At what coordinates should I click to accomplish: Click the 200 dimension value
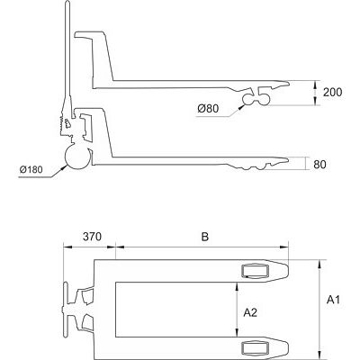(x=332, y=92)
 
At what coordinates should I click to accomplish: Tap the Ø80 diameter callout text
(x=208, y=108)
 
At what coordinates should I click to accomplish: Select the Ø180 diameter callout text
(x=31, y=169)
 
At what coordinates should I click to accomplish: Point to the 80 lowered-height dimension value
(x=319, y=165)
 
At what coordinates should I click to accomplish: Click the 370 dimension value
(x=92, y=237)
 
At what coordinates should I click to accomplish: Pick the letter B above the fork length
(x=204, y=237)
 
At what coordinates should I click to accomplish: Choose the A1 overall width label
(x=333, y=300)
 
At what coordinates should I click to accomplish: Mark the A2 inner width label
(x=250, y=312)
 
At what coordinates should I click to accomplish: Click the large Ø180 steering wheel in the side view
(x=77, y=157)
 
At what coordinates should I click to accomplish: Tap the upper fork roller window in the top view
(x=255, y=271)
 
